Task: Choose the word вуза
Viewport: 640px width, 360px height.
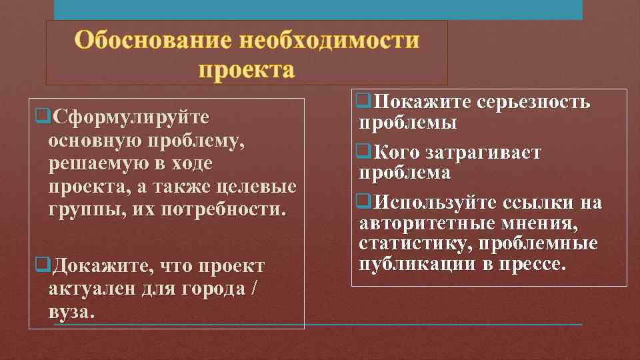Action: (x=70, y=312)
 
